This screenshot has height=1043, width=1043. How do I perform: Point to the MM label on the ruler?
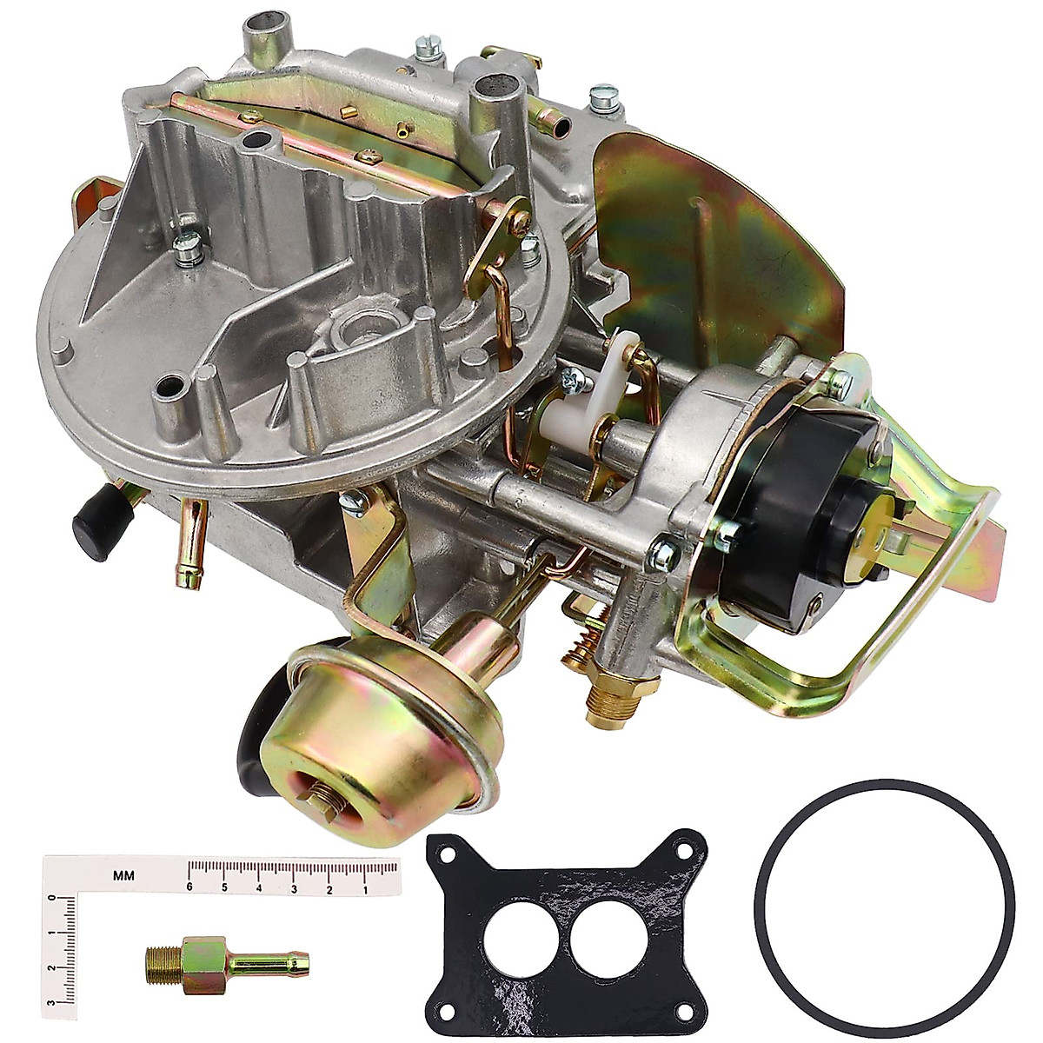(123, 876)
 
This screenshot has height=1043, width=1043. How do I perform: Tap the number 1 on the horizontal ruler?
(365, 887)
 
